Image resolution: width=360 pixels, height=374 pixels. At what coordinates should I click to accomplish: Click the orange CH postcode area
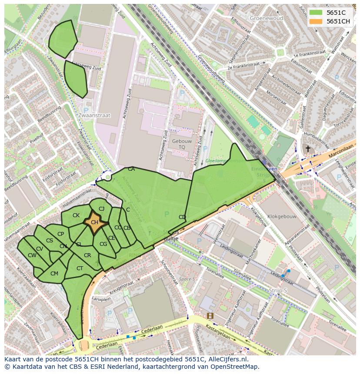point(94,223)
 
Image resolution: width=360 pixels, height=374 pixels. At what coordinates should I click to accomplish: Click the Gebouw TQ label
point(182,144)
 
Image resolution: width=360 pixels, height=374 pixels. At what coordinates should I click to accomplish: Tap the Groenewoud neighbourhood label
point(266,18)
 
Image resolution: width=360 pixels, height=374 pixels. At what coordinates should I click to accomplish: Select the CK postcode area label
point(76,215)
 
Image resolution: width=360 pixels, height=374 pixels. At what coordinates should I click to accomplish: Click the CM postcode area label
point(54,274)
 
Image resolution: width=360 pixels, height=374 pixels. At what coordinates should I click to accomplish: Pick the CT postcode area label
point(80,268)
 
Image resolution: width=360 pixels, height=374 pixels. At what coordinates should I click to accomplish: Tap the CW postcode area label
point(32,255)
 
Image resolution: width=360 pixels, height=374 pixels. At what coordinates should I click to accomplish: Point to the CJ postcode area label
point(101,209)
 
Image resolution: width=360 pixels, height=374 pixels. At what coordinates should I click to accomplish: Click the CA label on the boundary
point(131,169)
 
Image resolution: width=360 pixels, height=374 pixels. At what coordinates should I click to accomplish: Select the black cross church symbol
point(308,149)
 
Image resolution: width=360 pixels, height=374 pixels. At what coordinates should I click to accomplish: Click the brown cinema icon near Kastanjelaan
point(210,316)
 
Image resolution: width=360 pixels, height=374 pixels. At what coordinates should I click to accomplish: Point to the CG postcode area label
point(103,244)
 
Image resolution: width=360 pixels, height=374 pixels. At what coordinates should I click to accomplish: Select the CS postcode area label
point(50,241)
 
